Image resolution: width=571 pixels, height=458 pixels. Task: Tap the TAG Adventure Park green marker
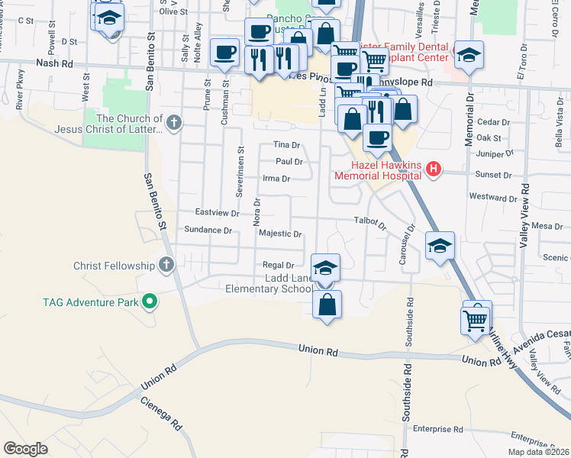[150, 302]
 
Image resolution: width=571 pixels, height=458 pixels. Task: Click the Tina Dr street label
[287, 145]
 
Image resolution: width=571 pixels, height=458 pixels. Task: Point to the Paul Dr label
[289, 162]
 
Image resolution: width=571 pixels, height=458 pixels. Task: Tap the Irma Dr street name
[276, 179]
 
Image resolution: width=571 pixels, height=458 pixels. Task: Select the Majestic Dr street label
[280, 234]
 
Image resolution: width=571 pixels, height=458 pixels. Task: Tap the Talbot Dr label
[371, 223]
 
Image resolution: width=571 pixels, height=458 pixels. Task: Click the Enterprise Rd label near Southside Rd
[438, 430]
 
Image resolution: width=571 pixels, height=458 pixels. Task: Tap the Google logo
[25, 449]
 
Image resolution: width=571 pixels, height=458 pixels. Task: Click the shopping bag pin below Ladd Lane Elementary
[327, 305]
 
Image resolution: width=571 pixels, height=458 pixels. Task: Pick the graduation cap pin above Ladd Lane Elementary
[326, 268]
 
